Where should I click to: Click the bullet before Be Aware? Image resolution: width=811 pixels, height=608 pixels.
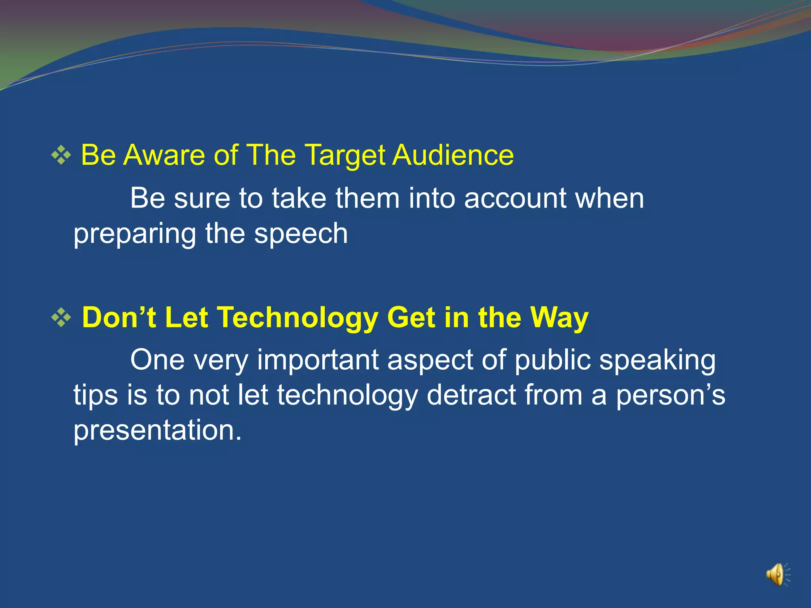click(x=61, y=156)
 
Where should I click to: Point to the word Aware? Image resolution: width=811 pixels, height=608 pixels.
click(x=164, y=155)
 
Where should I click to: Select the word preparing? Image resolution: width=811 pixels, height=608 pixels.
click(x=135, y=234)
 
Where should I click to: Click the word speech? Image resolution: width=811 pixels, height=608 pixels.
click(x=301, y=234)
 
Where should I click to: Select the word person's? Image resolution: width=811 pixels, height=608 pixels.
click(x=670, y=396)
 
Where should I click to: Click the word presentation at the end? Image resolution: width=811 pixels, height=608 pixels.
click(x=157, y=431)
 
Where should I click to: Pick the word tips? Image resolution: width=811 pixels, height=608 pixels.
click(x=95, y=396)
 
